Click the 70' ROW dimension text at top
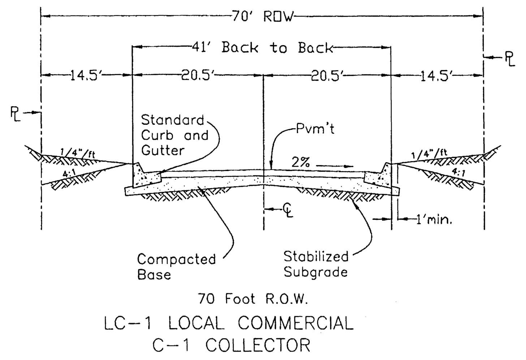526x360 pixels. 263,17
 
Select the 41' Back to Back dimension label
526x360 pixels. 277,47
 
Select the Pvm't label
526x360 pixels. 315,129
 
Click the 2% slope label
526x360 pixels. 301,162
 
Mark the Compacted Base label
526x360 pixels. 176,267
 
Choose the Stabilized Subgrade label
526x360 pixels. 316,264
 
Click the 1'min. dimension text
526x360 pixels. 434,219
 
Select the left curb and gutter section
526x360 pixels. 146,176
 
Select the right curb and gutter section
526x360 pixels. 378,174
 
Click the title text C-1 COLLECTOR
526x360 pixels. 231,345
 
